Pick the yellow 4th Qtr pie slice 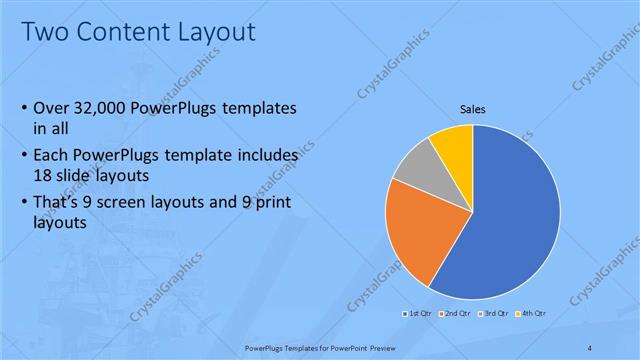[x=455, y=145]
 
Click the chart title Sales [x=473, y=109]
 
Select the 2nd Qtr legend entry [x=455, y=313]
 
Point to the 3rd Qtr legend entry [x=493, y=313]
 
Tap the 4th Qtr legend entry [x=531, y=313]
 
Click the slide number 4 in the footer [x=590, y=347]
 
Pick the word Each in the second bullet [x=53, y=155]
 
